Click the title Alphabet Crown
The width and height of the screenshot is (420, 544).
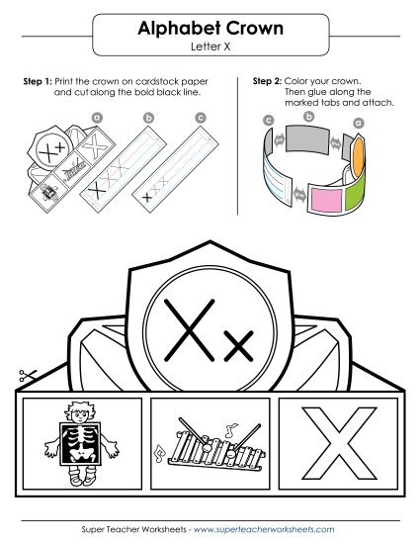210,29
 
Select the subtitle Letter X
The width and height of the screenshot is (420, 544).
210,45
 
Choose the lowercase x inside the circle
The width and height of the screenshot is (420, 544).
240,344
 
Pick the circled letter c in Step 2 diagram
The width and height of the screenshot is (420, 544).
269,120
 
